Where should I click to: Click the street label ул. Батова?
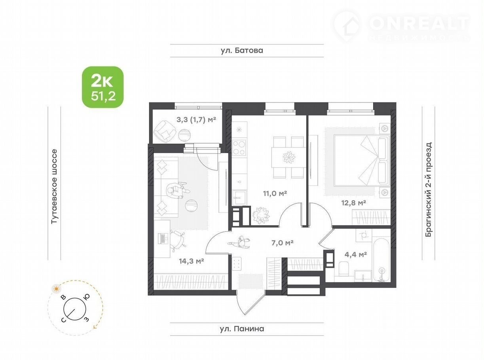(x=242, y=50)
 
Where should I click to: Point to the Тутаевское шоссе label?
(x=54, y=186)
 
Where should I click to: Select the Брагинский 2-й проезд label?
(x=428, y=189)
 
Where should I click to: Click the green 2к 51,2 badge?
(x=103, y=87)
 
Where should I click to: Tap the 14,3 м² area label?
(x=192, y=261)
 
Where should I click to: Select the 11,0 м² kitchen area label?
(x=275, y=193)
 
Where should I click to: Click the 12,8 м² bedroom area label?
(x=353, y=203)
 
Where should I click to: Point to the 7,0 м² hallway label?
(x=283, y=243)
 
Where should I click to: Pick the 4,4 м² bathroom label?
(x=356, y=254)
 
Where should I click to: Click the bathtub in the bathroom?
(x=382, y=261)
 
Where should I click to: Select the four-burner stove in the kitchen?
(x=239, y=147)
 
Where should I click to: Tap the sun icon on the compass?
(x=57, y=289)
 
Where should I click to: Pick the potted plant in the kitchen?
(x=261, y=216)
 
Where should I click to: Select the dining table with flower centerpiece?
(x=289, y=157)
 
